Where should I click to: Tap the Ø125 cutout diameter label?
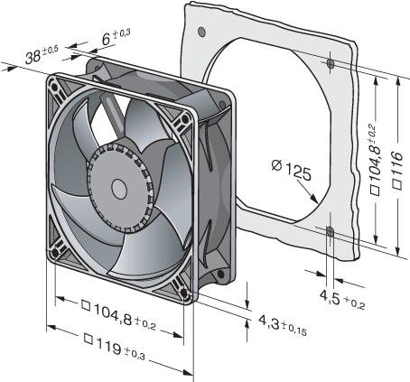(x=291, y=171)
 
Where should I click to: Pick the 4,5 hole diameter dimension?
(x=342, y=300)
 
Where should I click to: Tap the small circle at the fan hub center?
(x=119, y=189)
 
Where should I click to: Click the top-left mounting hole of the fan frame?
(x=54, y=88)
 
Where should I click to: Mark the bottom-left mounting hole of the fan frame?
(x=55, y=253)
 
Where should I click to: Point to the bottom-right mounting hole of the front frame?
(x=184, y=293)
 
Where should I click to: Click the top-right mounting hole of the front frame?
(x=184, y=119)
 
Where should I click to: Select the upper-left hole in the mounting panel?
(x=201, y=31)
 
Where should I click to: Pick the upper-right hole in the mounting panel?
(x=331, y=64)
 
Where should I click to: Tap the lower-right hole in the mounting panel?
(x=331, y=232)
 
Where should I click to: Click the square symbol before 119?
(x=89, y=339)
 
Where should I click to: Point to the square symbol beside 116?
(x=397, y=185)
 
